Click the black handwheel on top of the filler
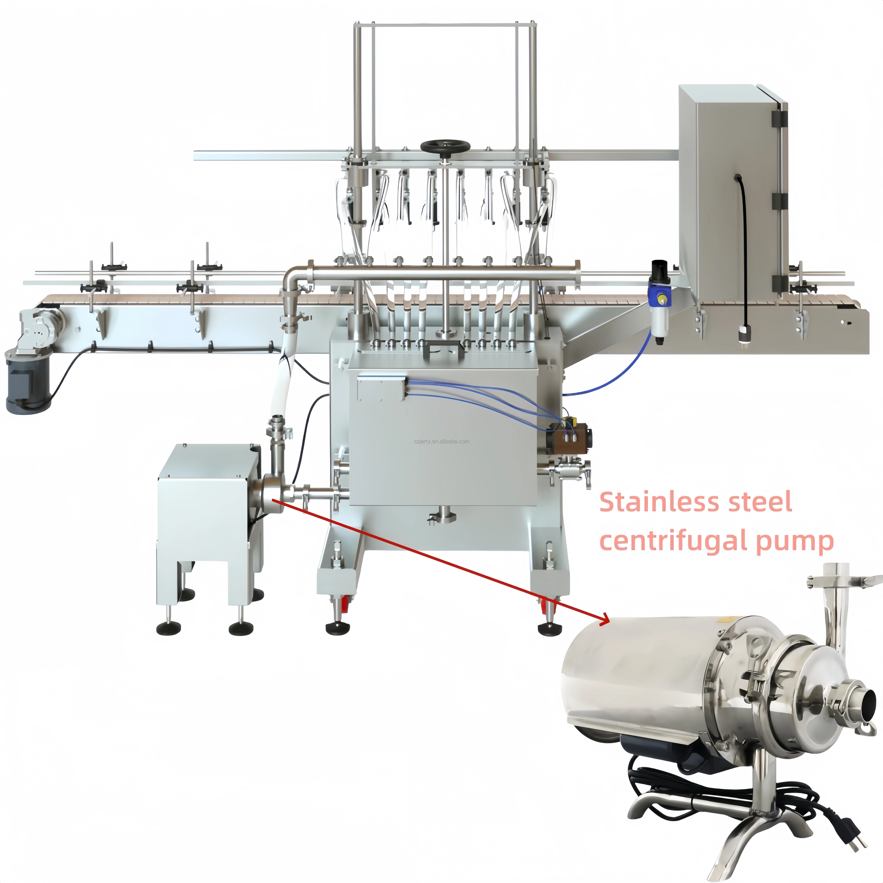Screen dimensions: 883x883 445,146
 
